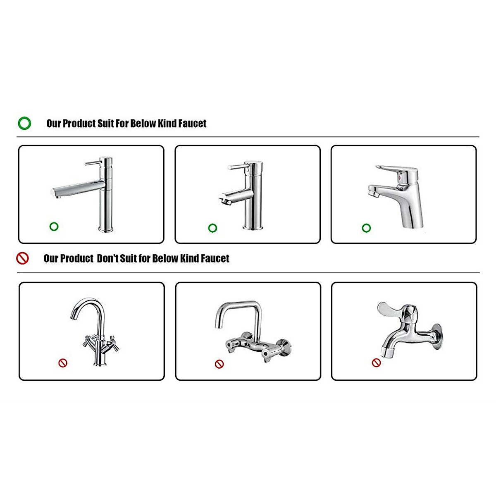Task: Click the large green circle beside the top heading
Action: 24,123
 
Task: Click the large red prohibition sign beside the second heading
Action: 22,258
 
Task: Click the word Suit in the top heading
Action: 106,123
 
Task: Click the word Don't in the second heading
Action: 107,258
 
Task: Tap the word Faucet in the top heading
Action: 192,123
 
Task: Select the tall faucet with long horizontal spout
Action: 91,192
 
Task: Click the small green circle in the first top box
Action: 54,226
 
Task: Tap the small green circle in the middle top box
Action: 212,228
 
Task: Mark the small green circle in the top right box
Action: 366,228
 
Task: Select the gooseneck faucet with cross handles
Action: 95,331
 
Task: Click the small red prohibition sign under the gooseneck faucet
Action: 63,363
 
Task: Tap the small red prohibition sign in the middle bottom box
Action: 219,364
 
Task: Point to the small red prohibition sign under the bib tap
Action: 376,362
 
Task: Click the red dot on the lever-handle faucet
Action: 399,176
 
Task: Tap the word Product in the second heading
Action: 69,258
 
